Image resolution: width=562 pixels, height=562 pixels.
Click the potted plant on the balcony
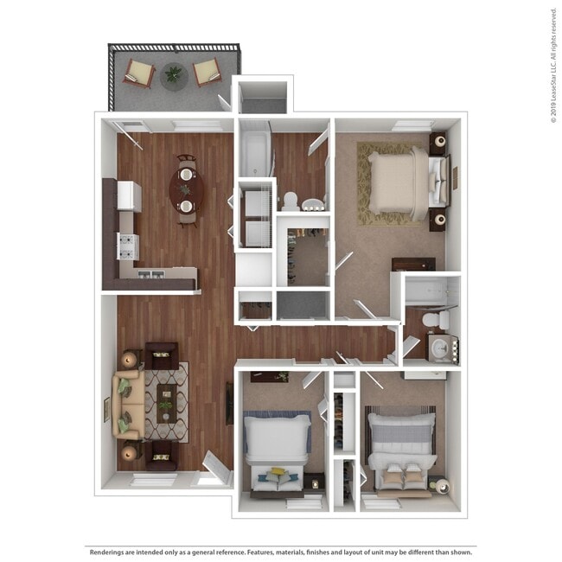[175, 74]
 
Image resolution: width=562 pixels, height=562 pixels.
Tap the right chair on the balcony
[207, 73]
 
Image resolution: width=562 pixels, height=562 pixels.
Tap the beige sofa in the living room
[127, 403]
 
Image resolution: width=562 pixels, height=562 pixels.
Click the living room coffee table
[164, 402]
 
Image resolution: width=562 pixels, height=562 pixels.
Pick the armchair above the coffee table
[161, 354]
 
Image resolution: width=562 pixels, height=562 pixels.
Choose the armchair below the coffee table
[161, 455]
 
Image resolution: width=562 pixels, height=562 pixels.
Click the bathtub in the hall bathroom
[255, 152]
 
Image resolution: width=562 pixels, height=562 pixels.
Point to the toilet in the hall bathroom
[291, 201]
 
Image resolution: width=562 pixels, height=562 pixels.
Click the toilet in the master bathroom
[435, 321]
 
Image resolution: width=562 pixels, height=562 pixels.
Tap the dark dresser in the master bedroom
[412, 264]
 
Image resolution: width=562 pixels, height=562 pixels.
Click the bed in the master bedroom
[398, 182]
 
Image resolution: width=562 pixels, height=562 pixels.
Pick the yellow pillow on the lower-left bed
[277, 472]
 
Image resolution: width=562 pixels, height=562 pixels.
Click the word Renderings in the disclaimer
[109, 550]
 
